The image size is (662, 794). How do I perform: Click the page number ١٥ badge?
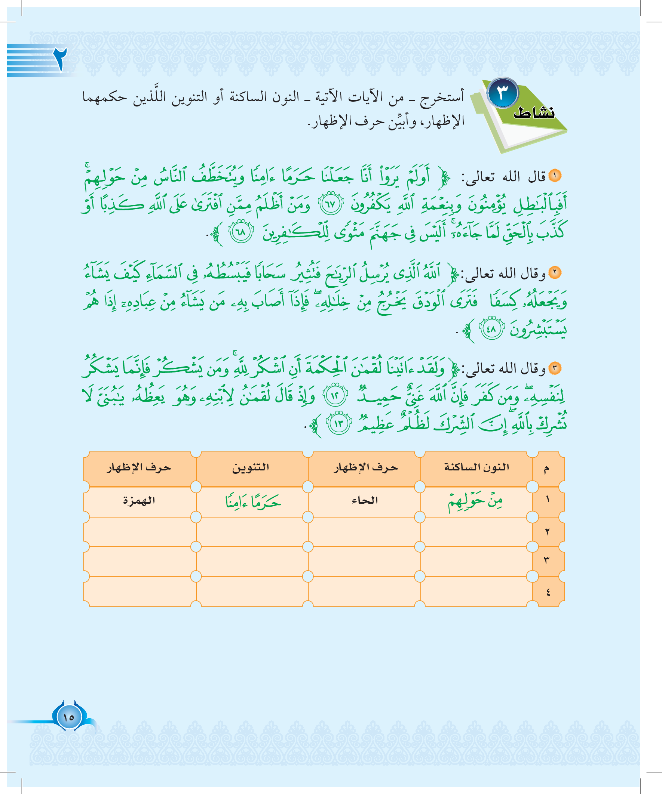point(69,717)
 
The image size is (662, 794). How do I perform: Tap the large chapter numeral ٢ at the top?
point(60,59)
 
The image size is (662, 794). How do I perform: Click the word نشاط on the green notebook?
point(534,113)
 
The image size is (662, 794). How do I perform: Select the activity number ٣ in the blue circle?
point(503,93)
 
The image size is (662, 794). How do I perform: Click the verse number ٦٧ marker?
point(331,204)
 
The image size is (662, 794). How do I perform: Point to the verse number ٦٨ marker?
point(241,231)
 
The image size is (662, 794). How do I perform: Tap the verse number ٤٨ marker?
point(491,328)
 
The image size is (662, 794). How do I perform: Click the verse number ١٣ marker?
point(338,423)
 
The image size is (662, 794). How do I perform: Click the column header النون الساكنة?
point(476,468)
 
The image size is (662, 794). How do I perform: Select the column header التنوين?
point(251,468)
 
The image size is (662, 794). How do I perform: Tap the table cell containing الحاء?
point(365,501)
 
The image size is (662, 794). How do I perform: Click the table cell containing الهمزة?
point(139,501)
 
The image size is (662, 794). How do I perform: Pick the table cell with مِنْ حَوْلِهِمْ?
point(476,502)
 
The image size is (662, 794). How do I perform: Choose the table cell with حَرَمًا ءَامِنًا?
point(253,502)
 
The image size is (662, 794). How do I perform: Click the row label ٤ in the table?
point(548,592)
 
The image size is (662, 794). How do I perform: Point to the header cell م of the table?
point(546,469)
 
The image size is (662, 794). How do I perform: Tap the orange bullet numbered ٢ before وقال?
point(555,272)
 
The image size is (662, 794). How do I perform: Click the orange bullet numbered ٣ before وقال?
point(555,368)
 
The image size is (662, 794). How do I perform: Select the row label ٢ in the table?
point(547,532)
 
